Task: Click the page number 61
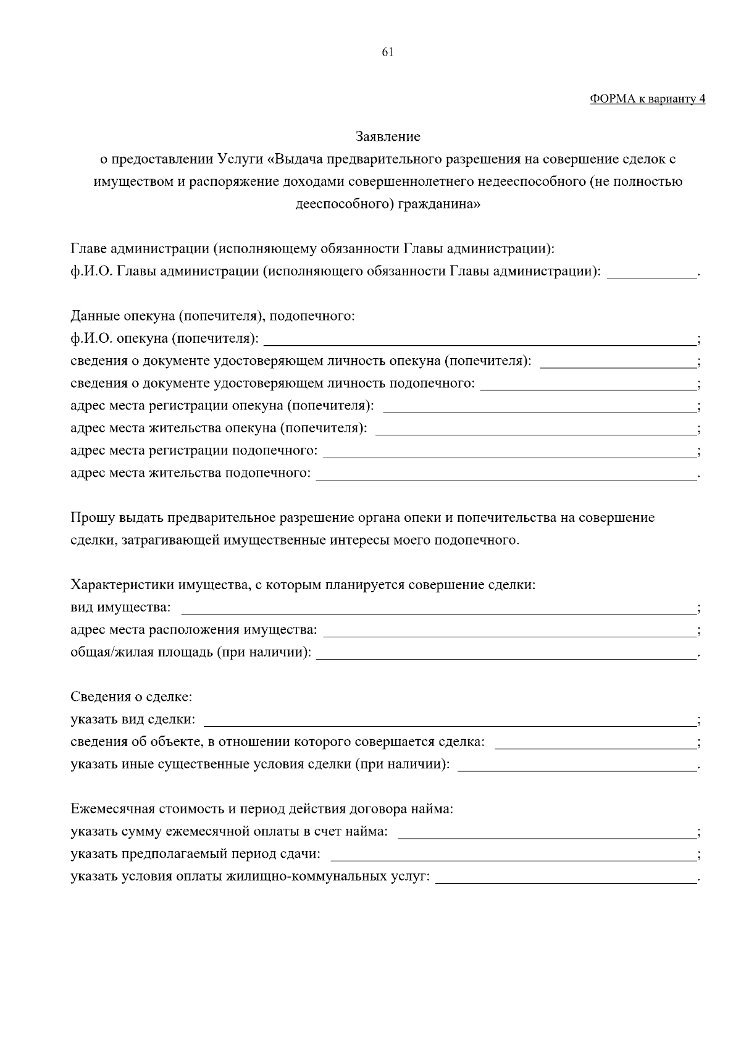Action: [388, 53]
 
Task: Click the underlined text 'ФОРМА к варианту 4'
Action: [647, 99]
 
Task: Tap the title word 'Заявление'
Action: [388, 136]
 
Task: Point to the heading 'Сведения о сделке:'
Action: [132, 697]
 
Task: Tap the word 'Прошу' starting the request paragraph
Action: [88, 518]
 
